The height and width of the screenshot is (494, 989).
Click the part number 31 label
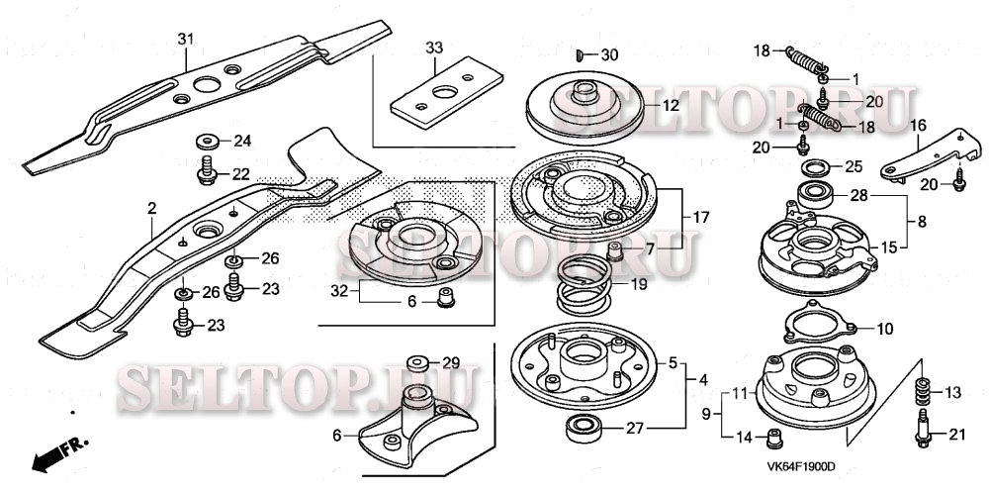click(x=185, y=40)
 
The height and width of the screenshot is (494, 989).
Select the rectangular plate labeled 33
click(x=447, y=92)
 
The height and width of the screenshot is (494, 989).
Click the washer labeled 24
click(x=207, y=142)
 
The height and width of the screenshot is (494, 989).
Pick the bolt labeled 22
click(x=207, y=170)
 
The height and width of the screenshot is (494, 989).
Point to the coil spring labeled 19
click(x=584, y=284)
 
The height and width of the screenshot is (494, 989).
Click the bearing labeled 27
click(x=584, y=429)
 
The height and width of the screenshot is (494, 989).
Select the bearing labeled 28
click(x=817, y=196)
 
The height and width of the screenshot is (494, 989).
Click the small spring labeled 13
click(x=924, y=391)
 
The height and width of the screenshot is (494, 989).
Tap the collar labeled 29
click(x=417, y=364)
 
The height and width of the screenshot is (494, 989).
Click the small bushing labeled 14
click(x=774, y=438)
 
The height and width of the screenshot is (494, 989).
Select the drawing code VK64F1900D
click(x=801, y=467)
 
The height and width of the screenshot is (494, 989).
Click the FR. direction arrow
click(x=59, y=453)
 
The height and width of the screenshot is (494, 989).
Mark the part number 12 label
click(x=671, y=106)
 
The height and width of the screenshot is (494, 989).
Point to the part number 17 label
click(x=701, y=218)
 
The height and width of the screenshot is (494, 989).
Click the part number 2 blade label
click(x=151, y=208)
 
